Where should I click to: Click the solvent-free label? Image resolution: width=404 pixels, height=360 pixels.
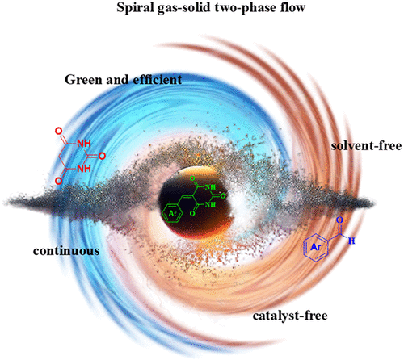367,146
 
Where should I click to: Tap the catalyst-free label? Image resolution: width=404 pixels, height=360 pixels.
290,316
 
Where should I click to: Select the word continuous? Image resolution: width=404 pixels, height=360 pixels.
66,251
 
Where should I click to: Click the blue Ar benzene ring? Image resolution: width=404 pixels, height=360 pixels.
316,247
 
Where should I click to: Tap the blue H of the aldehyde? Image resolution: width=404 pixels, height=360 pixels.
351,241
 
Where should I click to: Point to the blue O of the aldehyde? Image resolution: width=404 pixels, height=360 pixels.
340,220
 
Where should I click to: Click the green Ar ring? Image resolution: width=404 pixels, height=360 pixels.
172,213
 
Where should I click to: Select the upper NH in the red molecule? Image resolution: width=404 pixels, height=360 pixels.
84,144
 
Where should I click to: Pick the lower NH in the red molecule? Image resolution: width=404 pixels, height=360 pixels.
84,169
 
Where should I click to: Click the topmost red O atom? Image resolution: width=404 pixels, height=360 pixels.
58,132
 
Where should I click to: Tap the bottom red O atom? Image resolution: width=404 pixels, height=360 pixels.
58,181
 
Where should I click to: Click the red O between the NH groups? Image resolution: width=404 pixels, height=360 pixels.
102,156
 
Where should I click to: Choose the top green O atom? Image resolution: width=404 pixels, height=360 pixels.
192,178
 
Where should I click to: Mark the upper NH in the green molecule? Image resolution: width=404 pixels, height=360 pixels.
210,187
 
